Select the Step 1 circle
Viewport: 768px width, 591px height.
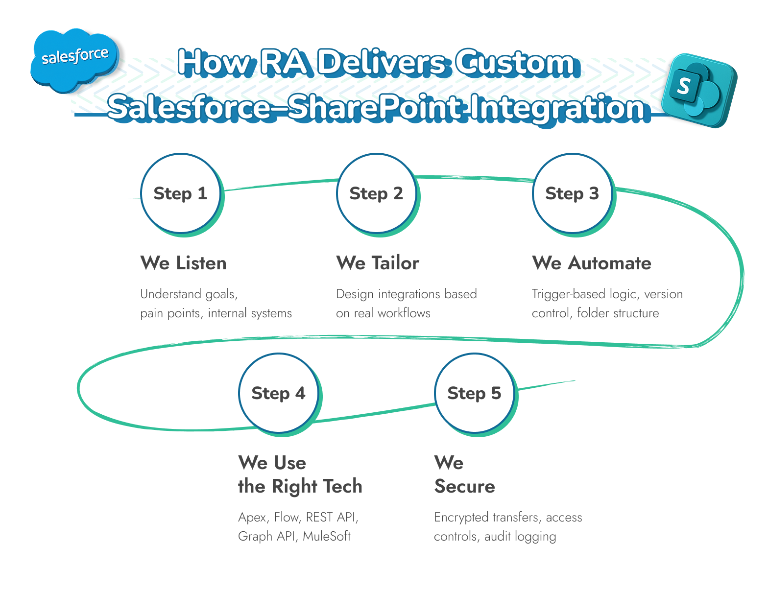coord(180,193)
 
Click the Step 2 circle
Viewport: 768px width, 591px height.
coord(376,193)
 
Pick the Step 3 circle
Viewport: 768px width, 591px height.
coord(572,193)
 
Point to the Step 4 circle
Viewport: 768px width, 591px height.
coord(278,393)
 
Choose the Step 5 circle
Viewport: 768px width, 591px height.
coord(474,393)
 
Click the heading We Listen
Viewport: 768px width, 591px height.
coord(183,263)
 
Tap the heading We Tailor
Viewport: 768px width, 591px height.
coord(378,263)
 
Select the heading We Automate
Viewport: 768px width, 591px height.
coord(592,263)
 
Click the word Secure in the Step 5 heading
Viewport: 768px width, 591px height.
coord(464,486)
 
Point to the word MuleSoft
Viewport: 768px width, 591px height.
coord(327,536)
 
